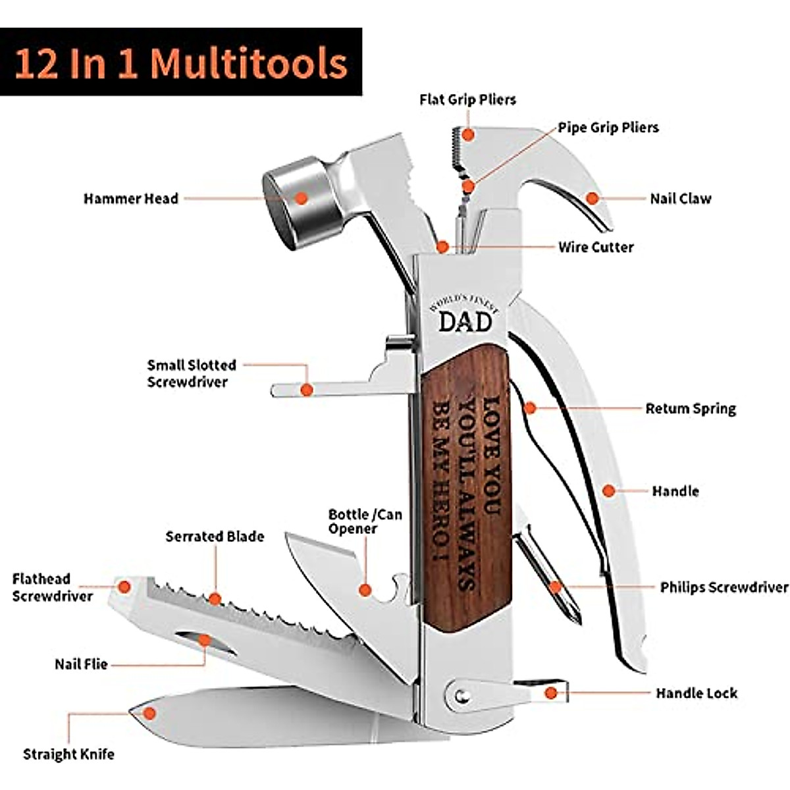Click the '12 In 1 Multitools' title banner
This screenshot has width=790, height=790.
pyautogui.click(x=180, y=62)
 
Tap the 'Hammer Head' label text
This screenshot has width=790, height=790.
pyautogui.click(x=130, y=199)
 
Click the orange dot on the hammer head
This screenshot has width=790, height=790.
pyautogui.click(x=301, y=197)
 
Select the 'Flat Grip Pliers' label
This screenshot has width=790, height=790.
pyautogui.click(x=467, y=99)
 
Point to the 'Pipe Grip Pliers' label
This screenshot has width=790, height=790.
pyautogui.click(x=608, y=127)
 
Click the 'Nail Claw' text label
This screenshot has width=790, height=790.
pyautogui.click(x=680, y=198)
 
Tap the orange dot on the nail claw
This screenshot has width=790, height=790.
pyautogui.click(x=592, y=197)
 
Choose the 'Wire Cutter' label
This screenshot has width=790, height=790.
pyautogui.click(x=596, y=248)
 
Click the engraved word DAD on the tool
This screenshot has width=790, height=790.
pyautogui.click(x=465, y=322)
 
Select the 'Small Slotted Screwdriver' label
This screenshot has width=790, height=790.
pyautogui.click(x=191, y=373)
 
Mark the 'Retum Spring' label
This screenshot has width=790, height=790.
pyautogui.click(x=690, y=409)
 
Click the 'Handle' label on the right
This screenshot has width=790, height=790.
pyautogui.click(x=675, y=491)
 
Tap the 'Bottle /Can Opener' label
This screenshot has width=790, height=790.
pyautogui.click(x=365, y=521)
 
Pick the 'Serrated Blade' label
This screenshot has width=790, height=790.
pyautogui.click(x=215, y=537)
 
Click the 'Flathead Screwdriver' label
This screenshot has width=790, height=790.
pyautogui.click(x=53, y=587)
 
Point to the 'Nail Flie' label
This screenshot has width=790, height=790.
pyautogui.click(x=81, y=664)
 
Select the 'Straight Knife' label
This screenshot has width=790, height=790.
pyautogui.click(x=68, y=754)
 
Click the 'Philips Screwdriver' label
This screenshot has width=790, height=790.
pyautogui.click(x=724, y=587)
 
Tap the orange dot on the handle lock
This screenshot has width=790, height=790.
pyautogui.click(x=551, y=693)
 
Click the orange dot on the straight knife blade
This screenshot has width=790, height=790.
pyautogui.click(x=150, y=713)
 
